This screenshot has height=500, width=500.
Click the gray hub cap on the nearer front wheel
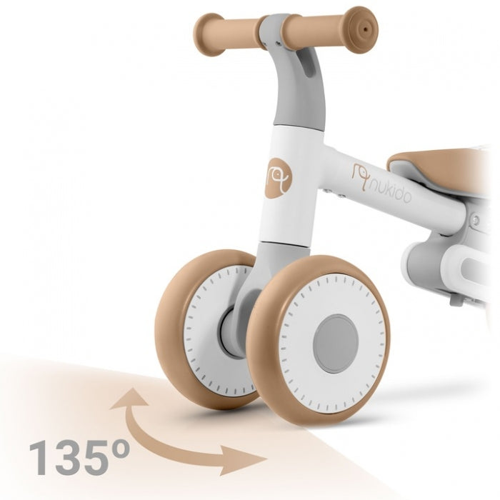[335, 343]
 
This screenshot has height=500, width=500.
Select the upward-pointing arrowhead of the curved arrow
[131, 397]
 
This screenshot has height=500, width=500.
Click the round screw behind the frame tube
[476, 220]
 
